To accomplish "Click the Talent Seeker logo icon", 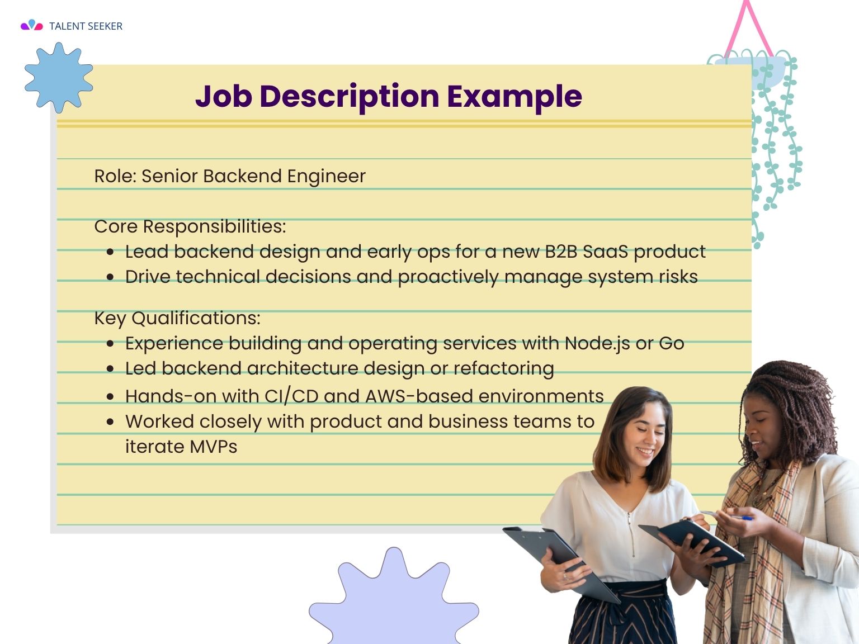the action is click(x=32, y=25).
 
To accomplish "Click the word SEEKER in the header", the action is click(x=105, y=26).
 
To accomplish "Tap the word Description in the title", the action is click(x=350, y=96).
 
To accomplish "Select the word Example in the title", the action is click(x=515, y=96).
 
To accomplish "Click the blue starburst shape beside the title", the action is click(x=59, y=77).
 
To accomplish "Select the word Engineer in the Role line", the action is click(x=327, y=176).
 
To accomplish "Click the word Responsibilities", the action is click(x=214, y=227).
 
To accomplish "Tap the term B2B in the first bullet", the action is click(x=561, y=252).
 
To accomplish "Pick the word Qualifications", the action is click(x=196, y=318).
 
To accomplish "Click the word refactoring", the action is click(x=504, y=368).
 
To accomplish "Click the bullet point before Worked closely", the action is click(x=110, y=422).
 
